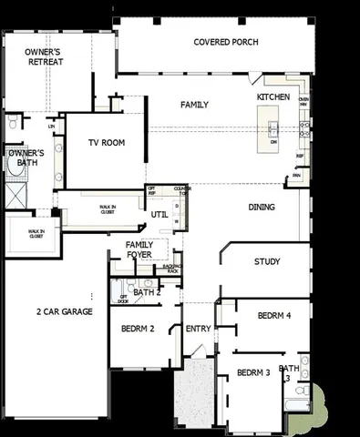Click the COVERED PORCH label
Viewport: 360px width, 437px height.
point(226,42)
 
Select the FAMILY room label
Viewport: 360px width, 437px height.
point(194,105)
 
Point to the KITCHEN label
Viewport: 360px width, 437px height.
point(273,96)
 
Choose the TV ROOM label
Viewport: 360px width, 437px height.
point(107,143)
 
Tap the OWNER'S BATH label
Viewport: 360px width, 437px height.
point(26,159)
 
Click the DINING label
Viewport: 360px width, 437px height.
point(262,208)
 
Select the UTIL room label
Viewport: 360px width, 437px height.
point(159,215)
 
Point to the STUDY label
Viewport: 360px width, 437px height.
point(267,262)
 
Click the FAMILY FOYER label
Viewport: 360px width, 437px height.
point(139,250)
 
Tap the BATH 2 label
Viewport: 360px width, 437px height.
point(146,292)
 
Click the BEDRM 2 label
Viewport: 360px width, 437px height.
point(139,329)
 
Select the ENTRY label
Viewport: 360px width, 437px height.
point(198,329)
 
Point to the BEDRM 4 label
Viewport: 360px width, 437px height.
point(273,316)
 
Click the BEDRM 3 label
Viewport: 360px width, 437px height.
point(253,372)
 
